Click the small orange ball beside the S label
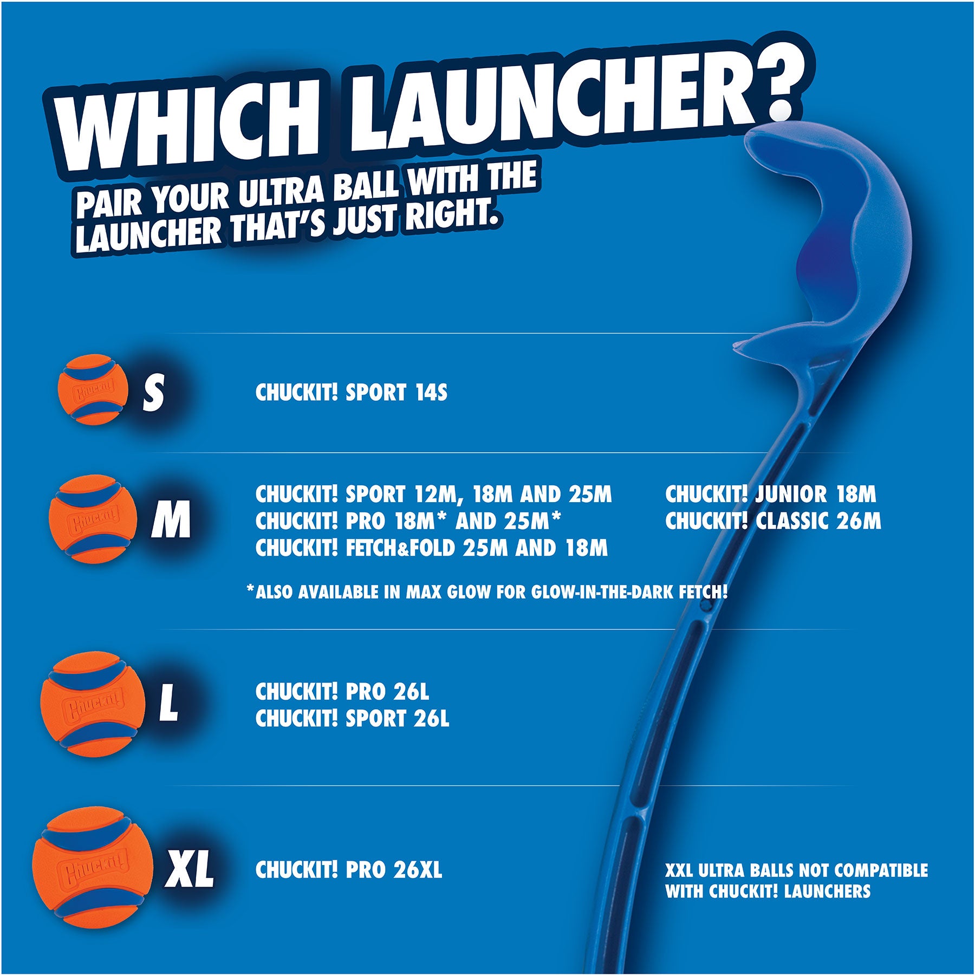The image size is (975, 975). point(92,388)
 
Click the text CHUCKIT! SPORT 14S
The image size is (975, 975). point(351,393)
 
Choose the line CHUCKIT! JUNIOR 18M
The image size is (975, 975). point(770,494)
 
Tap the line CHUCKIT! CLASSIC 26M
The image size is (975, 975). point(773,521)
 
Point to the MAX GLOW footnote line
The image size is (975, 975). point(486,592)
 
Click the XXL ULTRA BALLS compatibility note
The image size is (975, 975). point(796,880)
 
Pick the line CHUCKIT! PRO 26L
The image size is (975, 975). point(342,691)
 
